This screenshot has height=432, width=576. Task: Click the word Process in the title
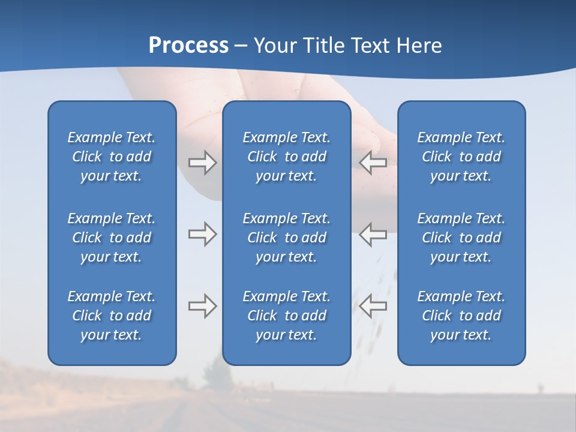(x=188, y=46)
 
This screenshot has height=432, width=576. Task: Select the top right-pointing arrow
(x=202, y=163)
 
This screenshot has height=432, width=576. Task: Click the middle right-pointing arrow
(x=202, y=234)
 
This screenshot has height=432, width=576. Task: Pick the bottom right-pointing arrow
(x=202, y=306)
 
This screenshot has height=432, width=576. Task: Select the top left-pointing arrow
(x=373, y=163)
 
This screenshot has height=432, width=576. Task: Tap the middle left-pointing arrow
(x=373, y=234)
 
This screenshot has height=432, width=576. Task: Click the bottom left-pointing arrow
(x=373, y=306)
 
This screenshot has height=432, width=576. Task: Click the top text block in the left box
(x=112, y=157)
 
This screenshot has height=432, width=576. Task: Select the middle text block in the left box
(x=112, y=238)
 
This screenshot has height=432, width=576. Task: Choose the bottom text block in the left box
(x=112, y=316)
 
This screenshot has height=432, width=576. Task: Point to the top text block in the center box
(x=287, y=157)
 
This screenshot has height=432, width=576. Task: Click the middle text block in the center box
(x=287, y=238)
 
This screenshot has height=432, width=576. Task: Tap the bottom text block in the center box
(x=287, y=316)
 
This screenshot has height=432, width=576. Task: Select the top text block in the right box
(x=461, y=157)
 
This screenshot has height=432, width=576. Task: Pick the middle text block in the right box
(x=461, y=238)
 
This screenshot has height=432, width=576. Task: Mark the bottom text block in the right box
(x=461, y=316)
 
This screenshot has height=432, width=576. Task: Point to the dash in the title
(x=241, y=46)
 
